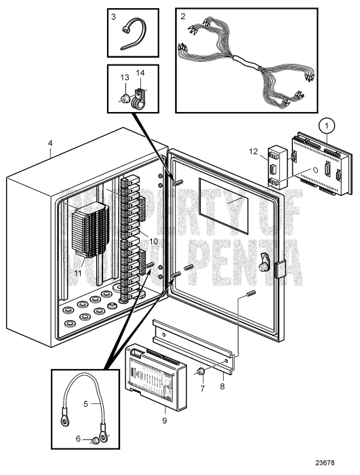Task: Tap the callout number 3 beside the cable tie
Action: [115, 16]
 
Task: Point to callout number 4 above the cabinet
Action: [52, 143]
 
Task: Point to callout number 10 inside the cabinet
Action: [153, 242]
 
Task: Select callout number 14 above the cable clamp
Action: [141, 73]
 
